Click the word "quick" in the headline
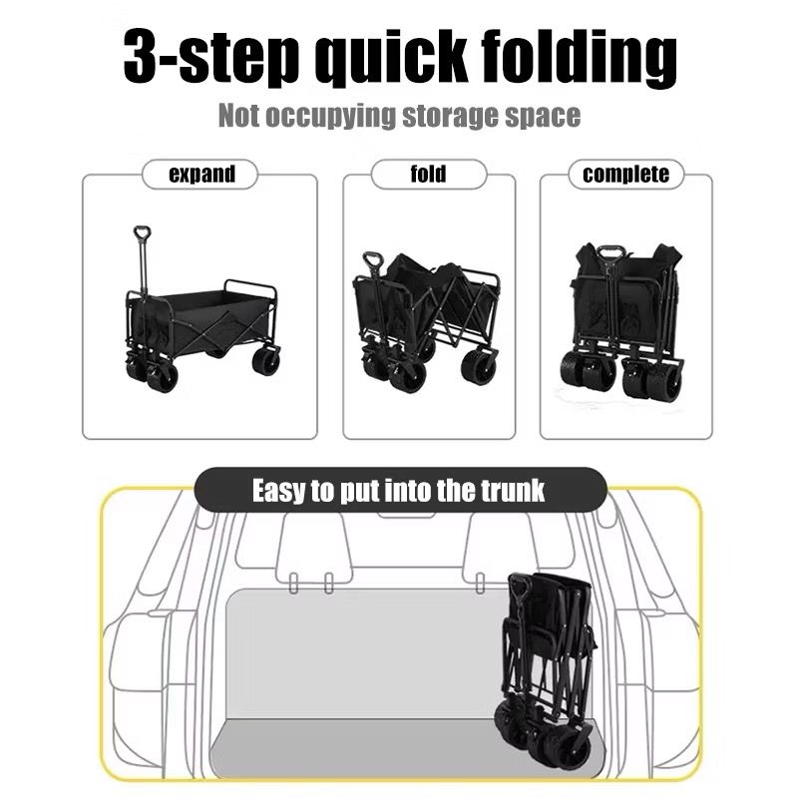389,57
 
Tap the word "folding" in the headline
580,57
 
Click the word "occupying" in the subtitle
330,116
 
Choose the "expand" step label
202,174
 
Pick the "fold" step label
428,174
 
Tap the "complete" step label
625,174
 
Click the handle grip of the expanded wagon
142,233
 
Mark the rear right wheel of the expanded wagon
265,360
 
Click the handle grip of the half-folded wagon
372,259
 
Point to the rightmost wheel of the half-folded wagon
479,365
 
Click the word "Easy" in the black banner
279,492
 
